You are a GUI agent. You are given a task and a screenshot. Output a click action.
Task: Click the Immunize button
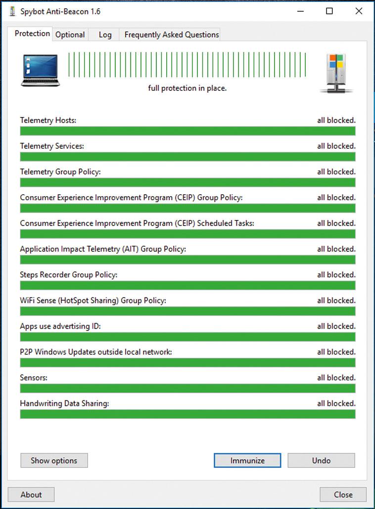(x=247, y=460)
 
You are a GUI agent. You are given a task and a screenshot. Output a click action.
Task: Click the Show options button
(x=54, y=460)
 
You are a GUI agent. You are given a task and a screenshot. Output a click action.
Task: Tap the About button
(x=31, y=495)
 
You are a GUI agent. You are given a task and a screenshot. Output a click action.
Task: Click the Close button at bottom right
(x=343, y=495)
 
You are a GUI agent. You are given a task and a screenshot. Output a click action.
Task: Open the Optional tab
(x=70, y=35)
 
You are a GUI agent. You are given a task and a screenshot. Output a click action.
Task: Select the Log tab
(x=105, y=35)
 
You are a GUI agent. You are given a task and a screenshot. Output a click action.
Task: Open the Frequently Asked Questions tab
(x=171, y=35)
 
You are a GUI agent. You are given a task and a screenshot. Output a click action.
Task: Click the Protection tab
(x=32, y=34)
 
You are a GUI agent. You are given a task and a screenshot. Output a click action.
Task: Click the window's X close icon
(x=359, y=11)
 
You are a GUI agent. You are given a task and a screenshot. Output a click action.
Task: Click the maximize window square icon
(x=329, y=11)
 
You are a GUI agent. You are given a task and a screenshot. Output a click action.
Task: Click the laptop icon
(x=40, y=70)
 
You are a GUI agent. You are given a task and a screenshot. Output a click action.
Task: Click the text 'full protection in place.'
(x=187, y=88)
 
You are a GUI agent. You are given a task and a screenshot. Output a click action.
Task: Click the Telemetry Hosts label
(x=48, y=120)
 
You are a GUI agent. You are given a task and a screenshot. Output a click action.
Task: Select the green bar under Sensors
(x=187, y=388)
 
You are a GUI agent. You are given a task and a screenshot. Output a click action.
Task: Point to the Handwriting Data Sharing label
(x=64, y=403)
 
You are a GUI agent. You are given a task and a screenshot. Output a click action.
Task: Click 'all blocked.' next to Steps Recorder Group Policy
(x=336, y=275)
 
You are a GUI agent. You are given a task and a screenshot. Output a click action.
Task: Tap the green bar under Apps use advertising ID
(x=187, y=337)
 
